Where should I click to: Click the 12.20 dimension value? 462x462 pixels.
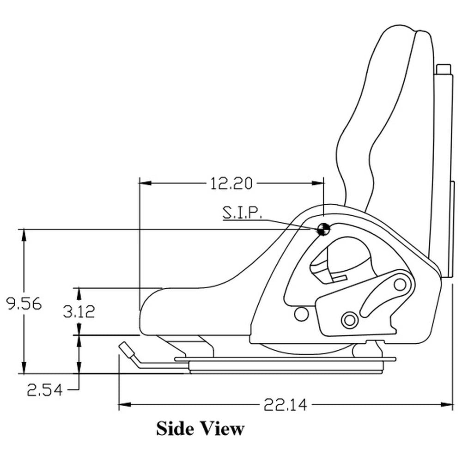(x=231, y=184)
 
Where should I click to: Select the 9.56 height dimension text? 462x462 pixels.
(x=24, y=304)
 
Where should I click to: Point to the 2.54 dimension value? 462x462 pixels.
(x=44, y=390)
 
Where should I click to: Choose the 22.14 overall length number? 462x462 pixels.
(x=285, y=405)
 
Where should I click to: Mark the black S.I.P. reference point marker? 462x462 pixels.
(x=323, y=229)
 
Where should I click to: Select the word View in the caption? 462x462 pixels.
(x=220, y=428)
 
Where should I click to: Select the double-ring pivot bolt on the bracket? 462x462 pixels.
(x=349, y=319)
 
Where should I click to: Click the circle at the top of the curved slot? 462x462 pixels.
(x=400, y=284)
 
